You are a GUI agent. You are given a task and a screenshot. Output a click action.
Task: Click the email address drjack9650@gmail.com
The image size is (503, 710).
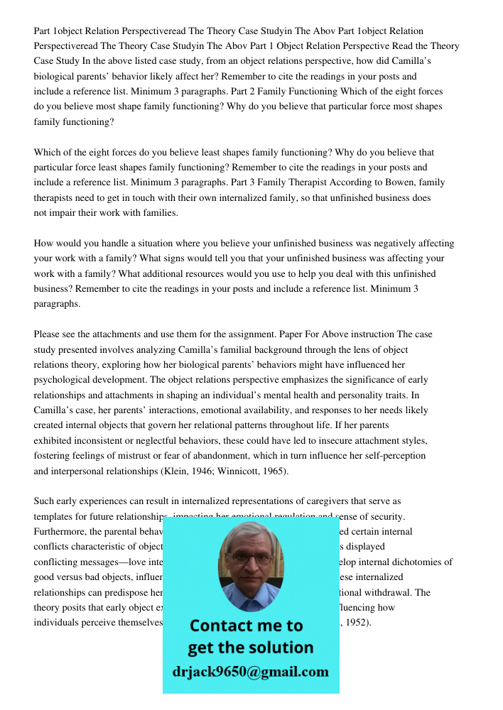click(251, 672)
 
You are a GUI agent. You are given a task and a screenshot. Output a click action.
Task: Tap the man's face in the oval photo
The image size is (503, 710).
click(250, 561)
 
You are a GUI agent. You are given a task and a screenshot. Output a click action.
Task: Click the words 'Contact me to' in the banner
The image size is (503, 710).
click(246, 626)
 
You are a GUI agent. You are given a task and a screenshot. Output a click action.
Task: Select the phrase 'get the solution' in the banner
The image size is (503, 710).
click(250, 648)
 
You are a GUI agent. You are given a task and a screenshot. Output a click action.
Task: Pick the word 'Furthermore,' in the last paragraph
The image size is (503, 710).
click(62, 531)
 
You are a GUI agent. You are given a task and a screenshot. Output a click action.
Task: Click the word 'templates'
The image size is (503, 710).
click(54, 516)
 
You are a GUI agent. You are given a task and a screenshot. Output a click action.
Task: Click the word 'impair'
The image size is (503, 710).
click(63, 213)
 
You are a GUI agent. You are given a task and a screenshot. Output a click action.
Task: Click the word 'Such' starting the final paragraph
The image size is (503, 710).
click(44, 501)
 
